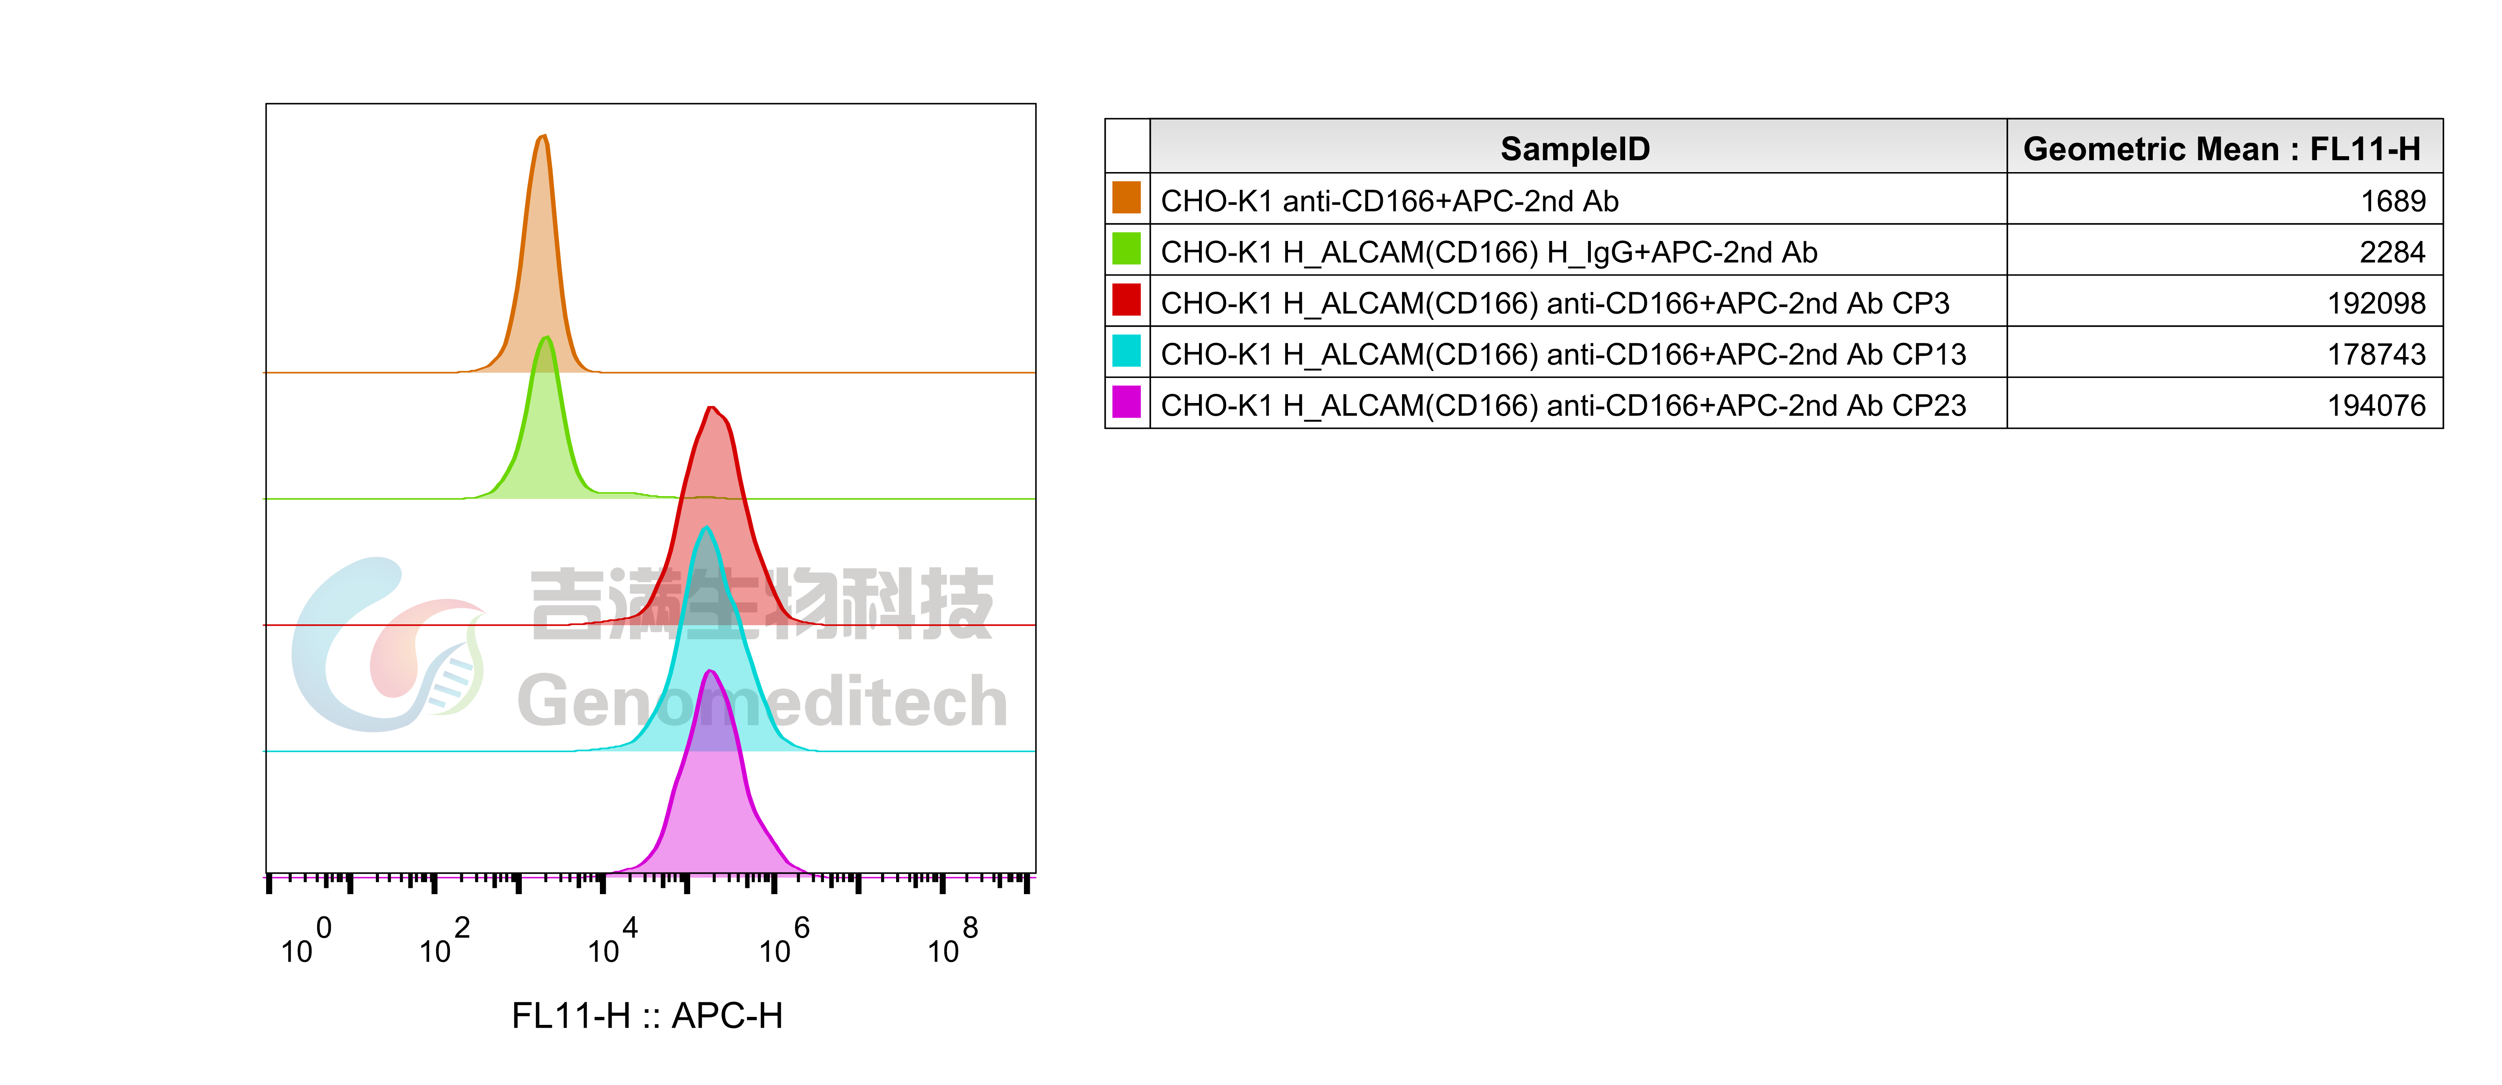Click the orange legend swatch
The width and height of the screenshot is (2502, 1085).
click(x=1126, y=197)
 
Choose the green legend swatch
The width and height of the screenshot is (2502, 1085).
click(x=1126, y=248)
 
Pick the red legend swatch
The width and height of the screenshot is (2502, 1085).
click(x=1126, y=299)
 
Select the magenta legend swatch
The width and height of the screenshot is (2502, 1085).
click(x=1126, y=401)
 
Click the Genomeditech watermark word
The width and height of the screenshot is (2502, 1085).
click(x=762, y=701)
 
